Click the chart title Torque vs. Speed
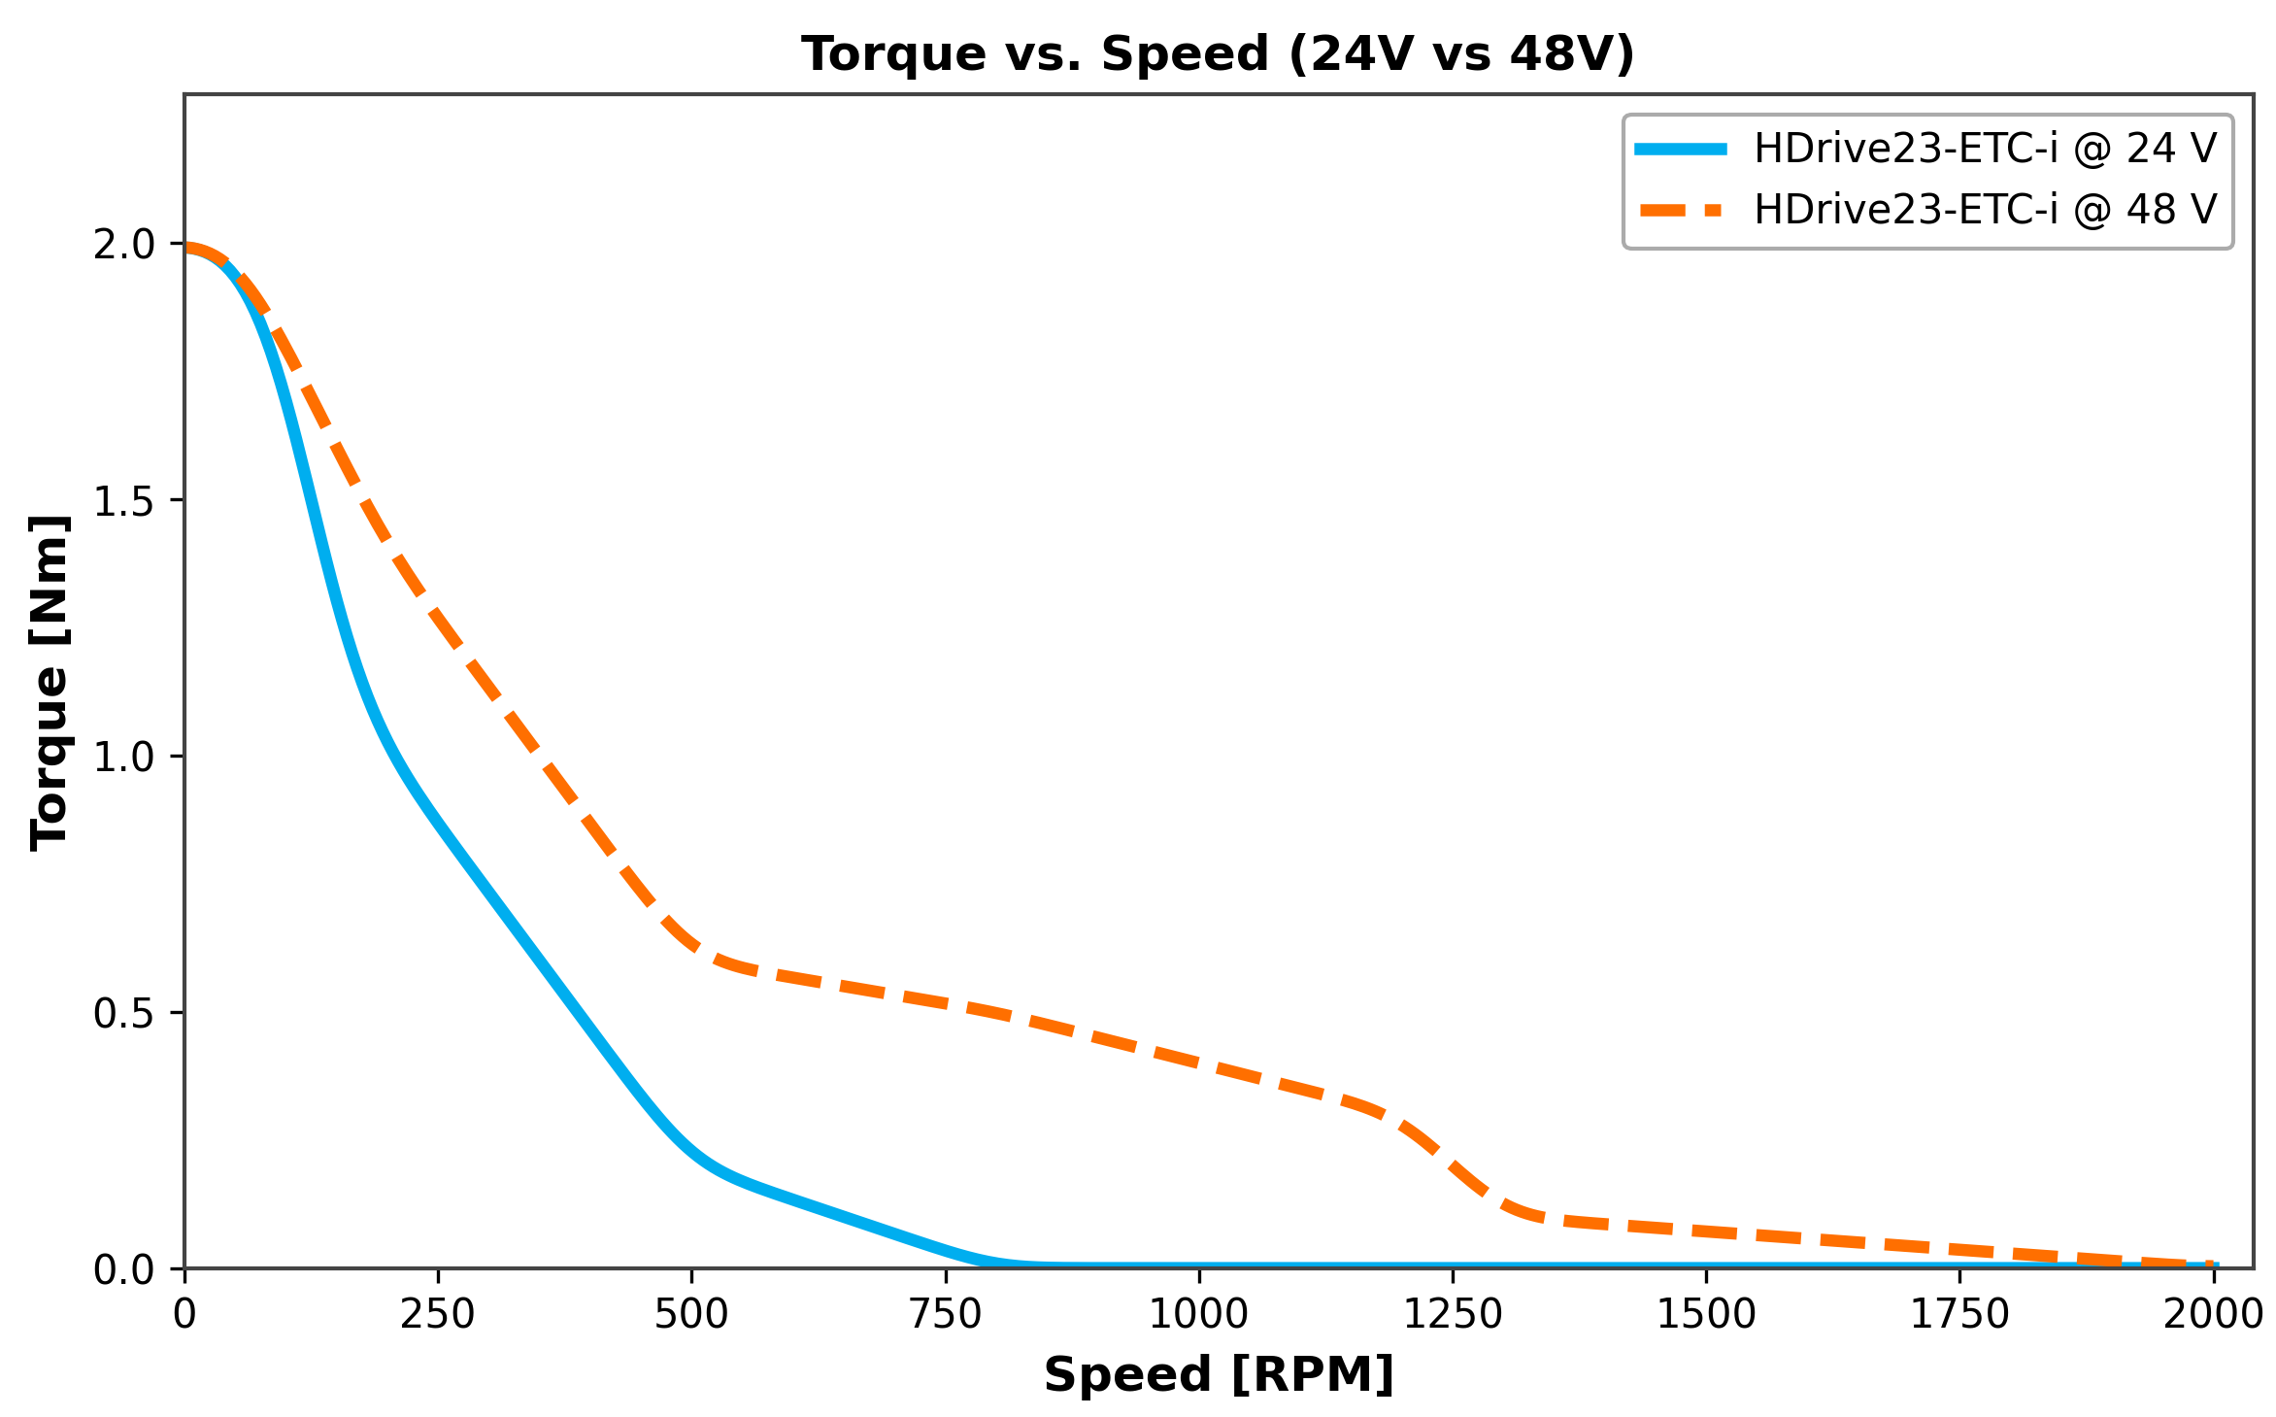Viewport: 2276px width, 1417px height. [x=1218, y=53]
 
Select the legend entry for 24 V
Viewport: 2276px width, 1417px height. [x=1985, y=149]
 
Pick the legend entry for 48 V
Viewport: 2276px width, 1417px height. [x=1985, y=210]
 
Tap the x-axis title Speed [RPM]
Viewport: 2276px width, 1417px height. [x=1218, y=1375]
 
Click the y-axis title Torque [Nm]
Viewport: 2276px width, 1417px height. [x=49, y=682]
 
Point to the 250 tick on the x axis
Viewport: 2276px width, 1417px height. [x=438, y=1315]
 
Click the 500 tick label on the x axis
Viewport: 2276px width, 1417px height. [x=691, y=1315]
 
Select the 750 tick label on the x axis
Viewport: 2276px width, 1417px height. [x=945, y=1315]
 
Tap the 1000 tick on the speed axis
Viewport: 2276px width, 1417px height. [x=1199, y=1315]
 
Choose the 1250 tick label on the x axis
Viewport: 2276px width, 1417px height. [x=1453, y=1315]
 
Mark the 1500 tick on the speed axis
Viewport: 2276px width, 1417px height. [x=1706, y=1315]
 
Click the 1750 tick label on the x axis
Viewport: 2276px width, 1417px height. [x=1959, y=1315]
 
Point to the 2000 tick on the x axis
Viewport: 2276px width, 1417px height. [x=2213, y=1315]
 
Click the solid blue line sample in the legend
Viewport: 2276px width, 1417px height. [x=1681, y=149]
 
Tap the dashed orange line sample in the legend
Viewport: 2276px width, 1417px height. [x=1681, y=210]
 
